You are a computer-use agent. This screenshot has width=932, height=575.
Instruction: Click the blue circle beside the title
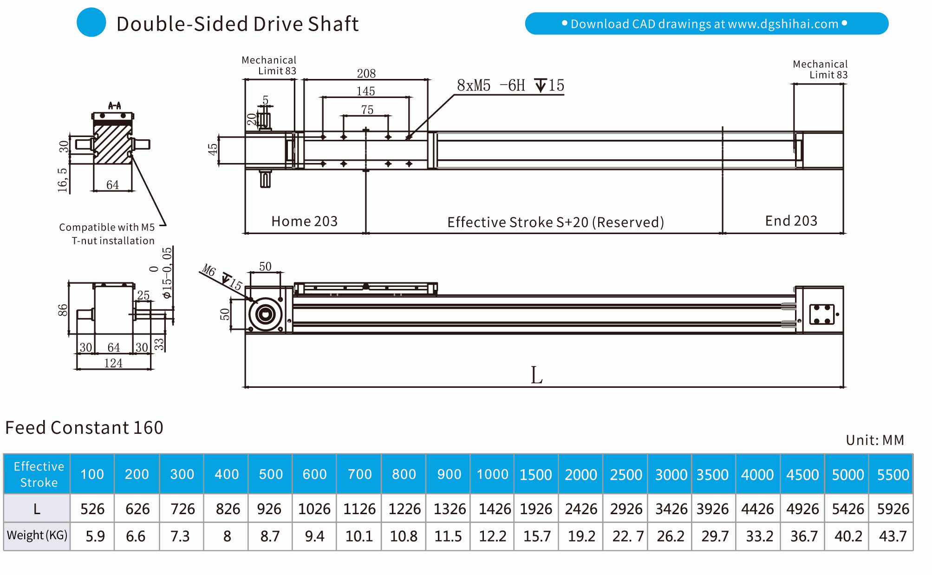pyautogui.click(x=91, y=22)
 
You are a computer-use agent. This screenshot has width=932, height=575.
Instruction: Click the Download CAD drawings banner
pyautogui.click(x=706, y=24)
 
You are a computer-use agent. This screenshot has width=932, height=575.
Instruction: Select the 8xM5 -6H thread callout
pyautogui.click(x=510, y=85)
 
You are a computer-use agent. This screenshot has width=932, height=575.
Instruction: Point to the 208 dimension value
pyautogui.click(x=366, y=73)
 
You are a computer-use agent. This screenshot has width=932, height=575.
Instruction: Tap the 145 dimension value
pyautogui.click(x=365, y=91)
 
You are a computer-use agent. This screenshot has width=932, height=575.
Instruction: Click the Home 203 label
pyautogui.click(x=304, y=221)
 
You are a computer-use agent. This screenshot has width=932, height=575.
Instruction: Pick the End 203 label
pyautogui.click(x=791, y=221)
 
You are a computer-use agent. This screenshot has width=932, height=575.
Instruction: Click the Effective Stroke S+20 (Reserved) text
pyautogui.click(x=555, y=222)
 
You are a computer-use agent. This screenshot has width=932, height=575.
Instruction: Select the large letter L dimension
pyautogui.click(x=536, y=375)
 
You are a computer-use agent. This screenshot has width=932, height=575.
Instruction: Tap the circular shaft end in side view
pyautogui.click(x=265, y=314)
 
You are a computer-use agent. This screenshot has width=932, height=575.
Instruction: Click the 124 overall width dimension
pyautogui.click(x=113, y=363)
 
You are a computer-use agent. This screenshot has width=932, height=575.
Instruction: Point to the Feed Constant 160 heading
pyautogui.click(x=84, y=427)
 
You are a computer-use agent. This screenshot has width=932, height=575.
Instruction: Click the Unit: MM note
pyautogui.click(x=874, y=440)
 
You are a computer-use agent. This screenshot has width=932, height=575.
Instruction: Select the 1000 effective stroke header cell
pyautogui.click(x=492, y=474)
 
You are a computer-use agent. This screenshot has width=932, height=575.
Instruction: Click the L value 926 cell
pyautogui.click(x=269, y=509)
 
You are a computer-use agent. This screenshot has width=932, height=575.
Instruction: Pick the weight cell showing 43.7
pyautogui.click(x=892, y=536)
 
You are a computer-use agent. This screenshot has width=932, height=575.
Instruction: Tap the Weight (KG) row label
pyautogui.click(x=37, y=536)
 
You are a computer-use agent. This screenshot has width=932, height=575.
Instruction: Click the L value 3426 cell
pyautogui.click(x=671, y=509)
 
